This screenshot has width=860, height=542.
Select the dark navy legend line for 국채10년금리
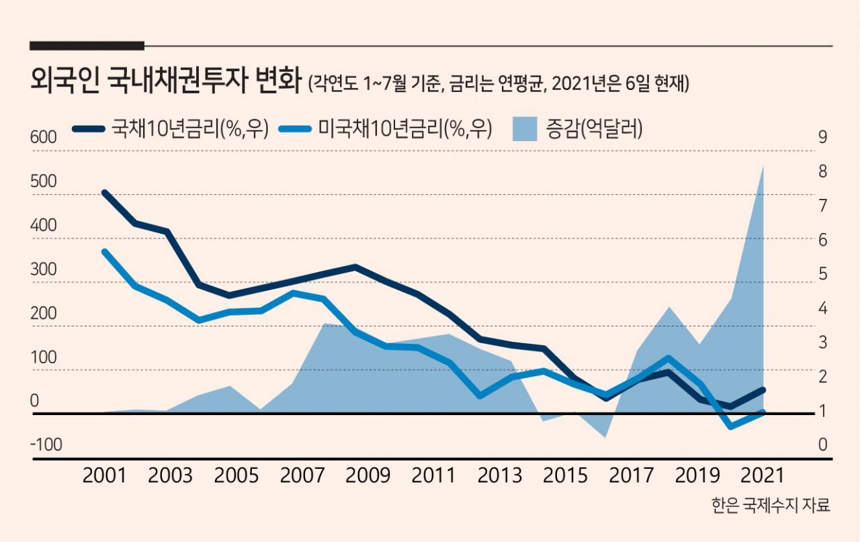tap(89, 129)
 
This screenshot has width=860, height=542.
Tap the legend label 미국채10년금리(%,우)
tap(405, 128)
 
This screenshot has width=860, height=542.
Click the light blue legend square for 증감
tap(525, 129)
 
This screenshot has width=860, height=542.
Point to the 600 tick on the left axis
tap(44, 137)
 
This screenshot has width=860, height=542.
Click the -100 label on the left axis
tap(46, 445)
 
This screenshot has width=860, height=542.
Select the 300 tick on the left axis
tap(44, 269)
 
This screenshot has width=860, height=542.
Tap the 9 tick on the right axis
tap(822, 137)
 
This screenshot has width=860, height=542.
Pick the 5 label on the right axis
tap(822, 274)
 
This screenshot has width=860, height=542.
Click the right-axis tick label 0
tap(822, 445)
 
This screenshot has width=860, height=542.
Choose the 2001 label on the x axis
tap(104, 476)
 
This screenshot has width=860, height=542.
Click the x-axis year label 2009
tap(368, 476)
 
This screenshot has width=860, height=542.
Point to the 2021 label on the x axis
tap(763, 476)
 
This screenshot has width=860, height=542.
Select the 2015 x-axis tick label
tap(565, 476)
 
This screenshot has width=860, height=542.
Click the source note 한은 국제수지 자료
tap(771, 506)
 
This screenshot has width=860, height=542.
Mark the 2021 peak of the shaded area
tap(763, 165)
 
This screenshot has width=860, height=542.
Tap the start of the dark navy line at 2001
tap(104, 192)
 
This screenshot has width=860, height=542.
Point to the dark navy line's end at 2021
tap(763, 390)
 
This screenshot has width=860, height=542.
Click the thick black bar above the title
tap(87, 46)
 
